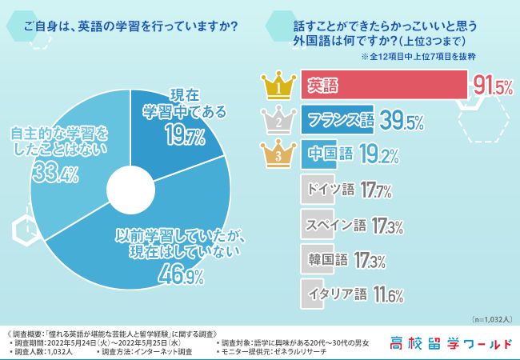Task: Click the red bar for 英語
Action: point(384,85)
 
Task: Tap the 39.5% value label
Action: point(401,121)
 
